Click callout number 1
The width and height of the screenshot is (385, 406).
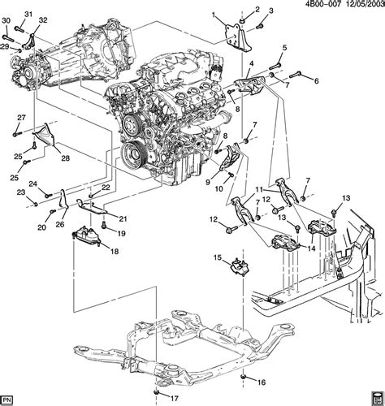point(214,15)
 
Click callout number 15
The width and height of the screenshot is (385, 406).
point(218,258)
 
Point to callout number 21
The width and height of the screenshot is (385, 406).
point(124,218)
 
